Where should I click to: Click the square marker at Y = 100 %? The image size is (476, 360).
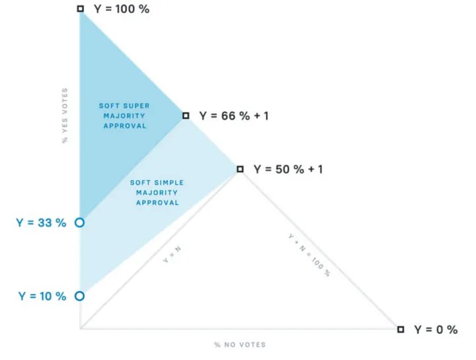[x=80, y=9]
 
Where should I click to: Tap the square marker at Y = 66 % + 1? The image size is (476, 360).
[x=186, y=115]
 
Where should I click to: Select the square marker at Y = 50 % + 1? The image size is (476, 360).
[x=240, y=169]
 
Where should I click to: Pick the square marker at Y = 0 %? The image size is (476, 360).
[x=401, y=330]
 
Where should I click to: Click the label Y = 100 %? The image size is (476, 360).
[x=122, y=9]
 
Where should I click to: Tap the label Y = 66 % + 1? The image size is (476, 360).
[x=234, y=116]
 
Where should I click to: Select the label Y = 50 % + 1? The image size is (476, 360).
[x=288, y=169]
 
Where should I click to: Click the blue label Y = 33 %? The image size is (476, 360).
[x=41, y=222]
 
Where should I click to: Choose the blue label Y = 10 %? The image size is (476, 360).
[x=42, y=296]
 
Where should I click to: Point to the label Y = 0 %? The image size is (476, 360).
[x=436, y=330]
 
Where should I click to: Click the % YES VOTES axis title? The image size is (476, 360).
[x=65, y=115]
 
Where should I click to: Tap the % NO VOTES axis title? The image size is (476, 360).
[x=240, y=345]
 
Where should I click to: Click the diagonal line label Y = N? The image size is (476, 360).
[x=172, y=255]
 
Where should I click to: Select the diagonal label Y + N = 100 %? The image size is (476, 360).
[x=309, y=255]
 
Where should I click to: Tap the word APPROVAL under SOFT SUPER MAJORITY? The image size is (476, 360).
[x=125, y=126]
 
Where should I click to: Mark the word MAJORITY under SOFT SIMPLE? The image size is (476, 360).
[x=157, y=193]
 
